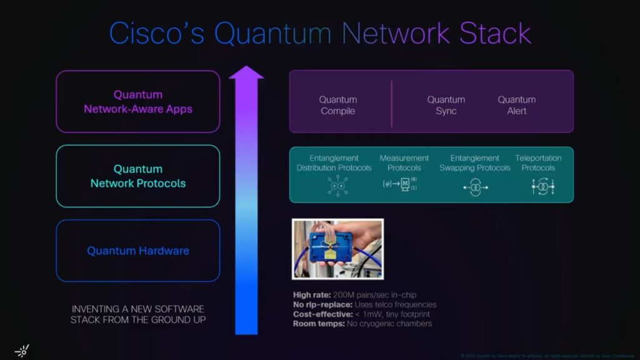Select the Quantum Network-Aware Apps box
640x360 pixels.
[x=138, y=102]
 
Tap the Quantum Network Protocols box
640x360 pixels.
[x=138, y=176]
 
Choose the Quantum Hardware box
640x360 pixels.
[x=138, y=251]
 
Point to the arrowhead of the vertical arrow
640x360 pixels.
[x=246, y=73]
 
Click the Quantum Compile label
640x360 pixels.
[x=337, y=105]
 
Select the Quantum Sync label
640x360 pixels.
[x=446, y=105]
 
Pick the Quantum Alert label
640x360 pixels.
[x=516, y=105]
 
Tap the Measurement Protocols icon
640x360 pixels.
[x=400, y=185]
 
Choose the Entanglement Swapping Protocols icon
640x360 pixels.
[x=475, y=187]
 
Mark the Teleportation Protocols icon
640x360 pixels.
[x=543, y=186]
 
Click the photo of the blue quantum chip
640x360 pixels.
[x=337, y=249]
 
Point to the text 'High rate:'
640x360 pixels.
[x=311, y=295]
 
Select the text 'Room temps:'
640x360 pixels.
[x=317, y=324]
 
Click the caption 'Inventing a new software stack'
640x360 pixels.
[x=137, y=314]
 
